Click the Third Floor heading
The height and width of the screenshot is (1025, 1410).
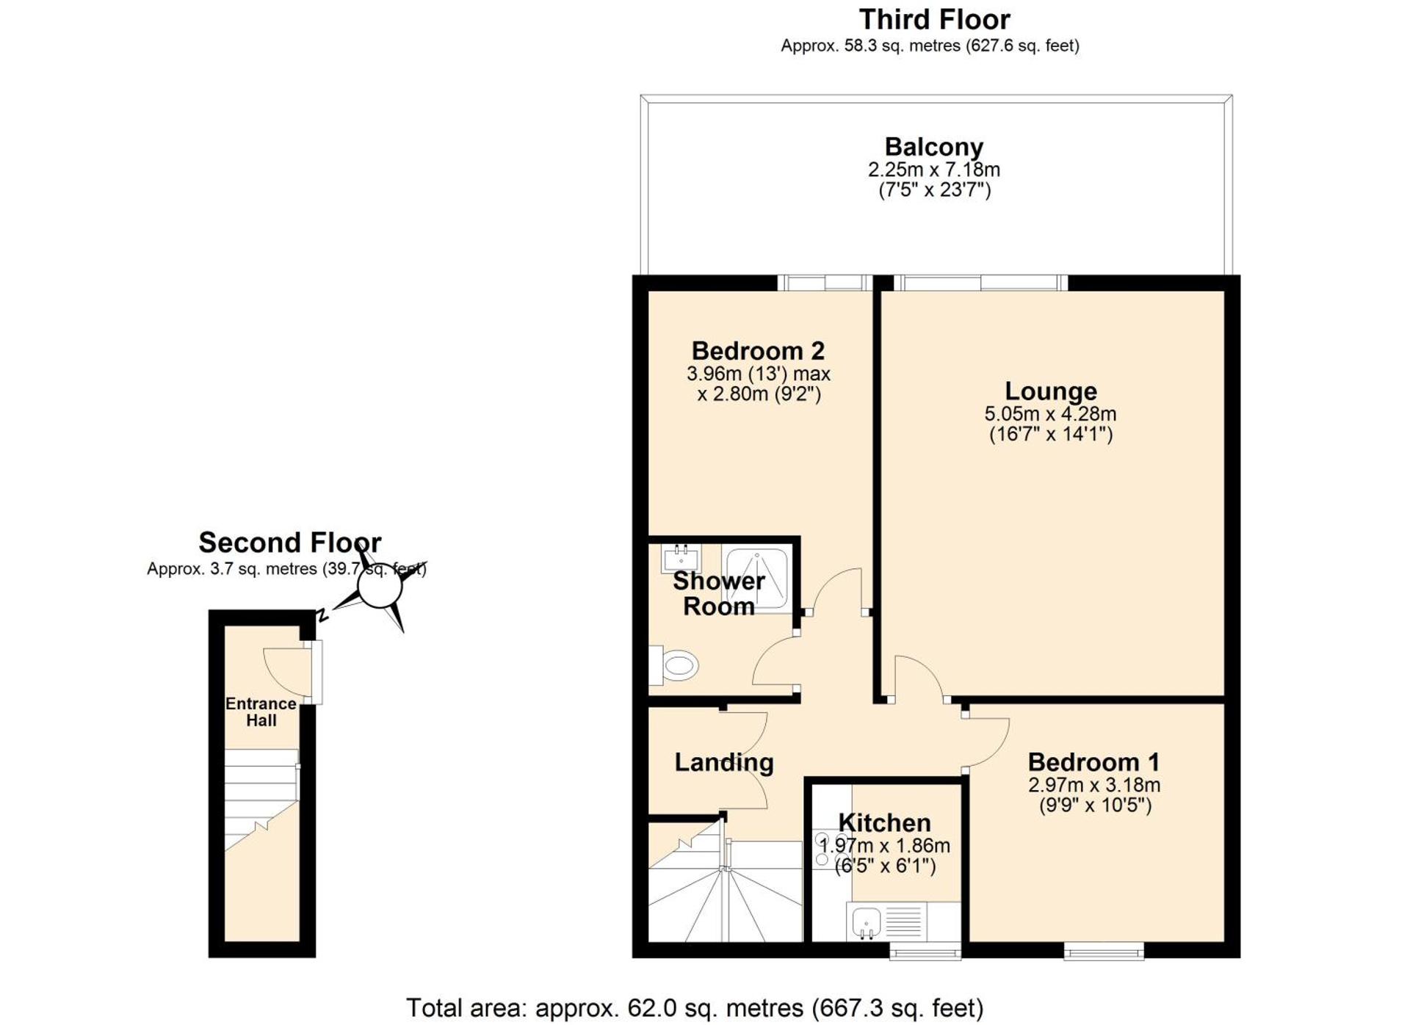pyautogui.click(x=934, y=19)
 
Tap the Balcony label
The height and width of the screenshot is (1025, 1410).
pyautogui.click(x=933, y=147)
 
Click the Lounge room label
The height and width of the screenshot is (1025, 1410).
pyautogui.click(x=1050, y=391)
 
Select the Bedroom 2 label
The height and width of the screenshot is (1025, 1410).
pyautogui.click(x=758, y=350)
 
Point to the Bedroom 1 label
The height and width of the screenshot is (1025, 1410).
pyautogui.click(x=1093, y=761)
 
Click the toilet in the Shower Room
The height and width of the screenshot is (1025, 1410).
pyautogui.click(x=676, y=666)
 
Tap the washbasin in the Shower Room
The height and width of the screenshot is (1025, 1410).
pyautogui.click(x=681, y=558)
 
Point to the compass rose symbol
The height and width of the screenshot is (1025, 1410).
pyautogui.click(x=379, y=587)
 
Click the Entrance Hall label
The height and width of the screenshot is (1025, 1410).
pyautogui.click(x=261, y=711)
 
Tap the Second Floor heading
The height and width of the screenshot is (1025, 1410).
pyautogui.click(x=289, y=543)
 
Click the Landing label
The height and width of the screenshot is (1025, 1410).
pyautogui.click(x=723, y=762)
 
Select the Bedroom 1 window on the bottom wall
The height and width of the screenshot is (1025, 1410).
pyautogui.click(x=1104, y=952)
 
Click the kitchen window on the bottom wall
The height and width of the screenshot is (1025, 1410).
pyautogui.click(x=925, y=952)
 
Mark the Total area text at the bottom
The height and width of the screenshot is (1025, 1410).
pyautogui.click(x=694, y=1008)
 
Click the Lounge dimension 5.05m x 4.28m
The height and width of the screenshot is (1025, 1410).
pyautogui.click(x=1050, y=414)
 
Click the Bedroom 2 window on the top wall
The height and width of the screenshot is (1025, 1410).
pyautogui.click(x=824, y=283)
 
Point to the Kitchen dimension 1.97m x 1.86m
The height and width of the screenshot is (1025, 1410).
pyautogui.click(x=885, y=846)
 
